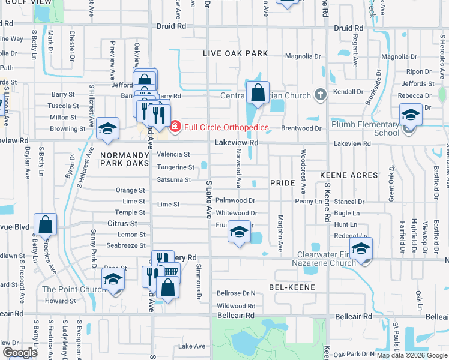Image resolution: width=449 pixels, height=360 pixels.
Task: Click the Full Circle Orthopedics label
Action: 226,127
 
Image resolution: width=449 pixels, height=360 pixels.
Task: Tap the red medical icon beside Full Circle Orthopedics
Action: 175,127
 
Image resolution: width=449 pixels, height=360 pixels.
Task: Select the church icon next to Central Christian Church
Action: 320,95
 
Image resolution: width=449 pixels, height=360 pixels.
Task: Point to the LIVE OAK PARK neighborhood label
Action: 235,53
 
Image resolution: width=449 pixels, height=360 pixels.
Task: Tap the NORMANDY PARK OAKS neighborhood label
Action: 124,158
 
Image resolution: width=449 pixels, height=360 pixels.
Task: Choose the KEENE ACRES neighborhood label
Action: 349,175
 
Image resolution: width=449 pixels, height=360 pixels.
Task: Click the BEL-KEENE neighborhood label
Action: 294,289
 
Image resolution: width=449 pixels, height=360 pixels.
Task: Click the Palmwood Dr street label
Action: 236,201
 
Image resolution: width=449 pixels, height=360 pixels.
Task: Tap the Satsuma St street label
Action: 174,179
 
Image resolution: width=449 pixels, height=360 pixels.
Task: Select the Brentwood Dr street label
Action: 310,128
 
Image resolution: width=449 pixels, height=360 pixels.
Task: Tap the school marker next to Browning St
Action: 108,129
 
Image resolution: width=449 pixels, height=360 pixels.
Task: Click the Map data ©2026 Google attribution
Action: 412,355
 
